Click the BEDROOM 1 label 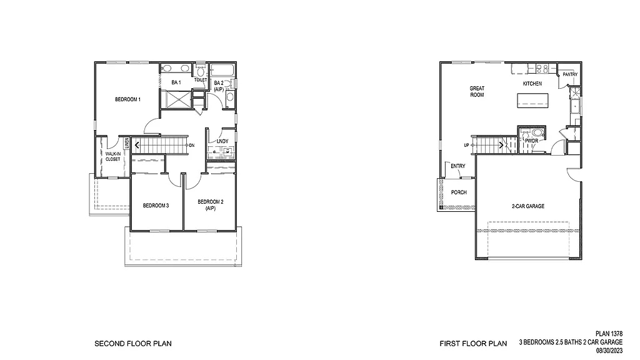pos(127,99)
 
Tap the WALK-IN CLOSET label pos(112,156)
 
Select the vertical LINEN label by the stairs pos(126,144)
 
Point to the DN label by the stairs pos(192,146)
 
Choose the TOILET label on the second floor pos(200,80)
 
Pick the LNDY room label pos(222,141)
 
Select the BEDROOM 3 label pos(156,206)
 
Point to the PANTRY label pos(569,74)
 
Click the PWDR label pos(531,141)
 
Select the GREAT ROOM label pos(477,91)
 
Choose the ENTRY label pos(458,166)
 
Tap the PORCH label pos(459,192)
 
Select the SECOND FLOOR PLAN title pos(132,343)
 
